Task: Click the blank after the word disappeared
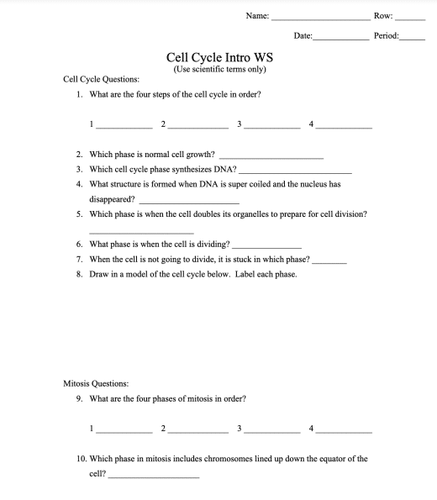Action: point(189,203)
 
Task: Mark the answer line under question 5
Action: point(140,231)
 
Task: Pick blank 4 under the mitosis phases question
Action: point(343,430)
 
